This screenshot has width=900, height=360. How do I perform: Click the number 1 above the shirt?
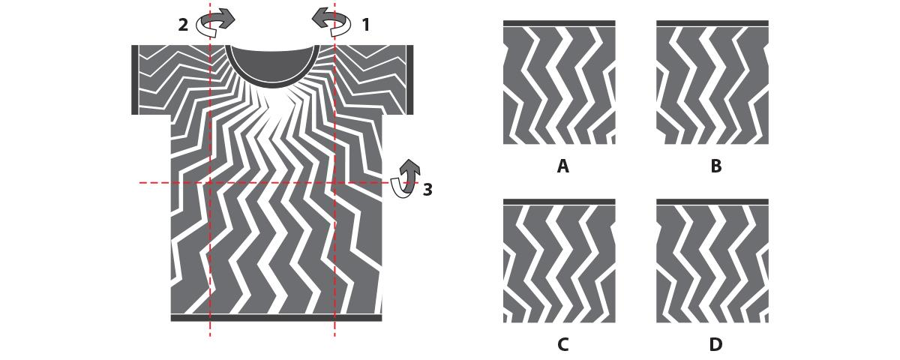pos(366,25)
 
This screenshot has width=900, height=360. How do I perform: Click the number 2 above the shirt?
pos(183,25)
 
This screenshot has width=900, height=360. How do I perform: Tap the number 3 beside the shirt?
pos(427,190)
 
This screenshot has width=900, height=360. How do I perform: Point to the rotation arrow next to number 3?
pos(406,178)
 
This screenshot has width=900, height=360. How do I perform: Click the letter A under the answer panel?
pos(563,166)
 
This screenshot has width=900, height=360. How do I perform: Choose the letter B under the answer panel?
pos(716,166)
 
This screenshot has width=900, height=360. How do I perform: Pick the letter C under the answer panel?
pos(563,344)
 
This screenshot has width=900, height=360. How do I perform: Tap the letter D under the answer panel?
pos(716,344)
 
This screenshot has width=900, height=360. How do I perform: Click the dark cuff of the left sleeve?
pos(135,79)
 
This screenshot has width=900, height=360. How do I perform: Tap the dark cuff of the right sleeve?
pos(409,79)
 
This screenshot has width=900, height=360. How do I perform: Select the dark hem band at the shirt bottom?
pos(277,318)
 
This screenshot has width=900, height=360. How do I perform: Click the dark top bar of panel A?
pos(559,23)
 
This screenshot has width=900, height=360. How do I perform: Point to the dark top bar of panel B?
pos(712,23)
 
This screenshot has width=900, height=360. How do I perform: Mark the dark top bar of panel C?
pos(559,202)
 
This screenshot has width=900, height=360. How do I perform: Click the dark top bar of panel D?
pos(712,202)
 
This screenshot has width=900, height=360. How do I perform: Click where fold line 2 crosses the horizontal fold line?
pos(210,183)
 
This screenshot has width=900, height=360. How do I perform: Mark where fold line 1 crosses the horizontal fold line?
pos(334,183)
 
